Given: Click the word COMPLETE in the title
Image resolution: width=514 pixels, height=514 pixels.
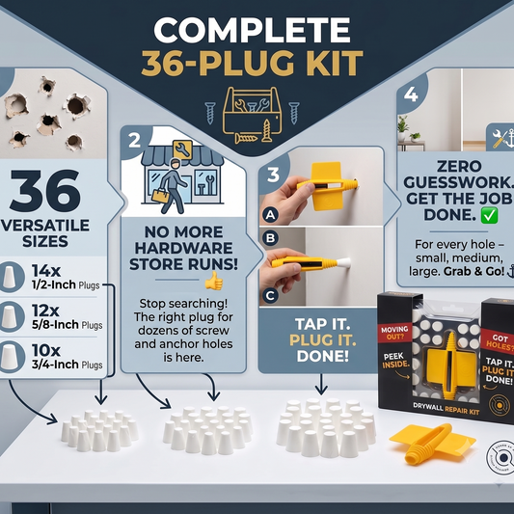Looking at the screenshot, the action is click(252, 30).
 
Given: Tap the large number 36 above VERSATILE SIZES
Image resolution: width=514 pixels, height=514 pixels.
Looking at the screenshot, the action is click(45, 191).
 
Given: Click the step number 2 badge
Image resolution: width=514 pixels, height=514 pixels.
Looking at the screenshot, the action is click(134, 141).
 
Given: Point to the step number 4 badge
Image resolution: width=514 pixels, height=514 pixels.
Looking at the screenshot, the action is click(411, 95).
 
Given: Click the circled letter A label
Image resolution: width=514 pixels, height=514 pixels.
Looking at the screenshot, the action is click(270, 215).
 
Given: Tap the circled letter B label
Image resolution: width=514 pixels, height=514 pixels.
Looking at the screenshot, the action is click(270, 237).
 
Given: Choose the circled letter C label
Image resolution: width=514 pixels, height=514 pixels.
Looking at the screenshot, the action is click(270, 296).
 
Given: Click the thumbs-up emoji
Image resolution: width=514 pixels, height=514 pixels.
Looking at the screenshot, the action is click(214, 281).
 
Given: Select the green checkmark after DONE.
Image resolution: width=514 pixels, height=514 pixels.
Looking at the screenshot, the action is click(489, 215).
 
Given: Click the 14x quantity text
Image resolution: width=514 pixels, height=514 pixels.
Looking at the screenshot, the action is click(46, 271).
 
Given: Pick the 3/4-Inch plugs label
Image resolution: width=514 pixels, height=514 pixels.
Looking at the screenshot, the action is click(68, 365).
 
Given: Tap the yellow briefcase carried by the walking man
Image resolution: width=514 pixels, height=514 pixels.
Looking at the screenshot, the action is click(161, 196).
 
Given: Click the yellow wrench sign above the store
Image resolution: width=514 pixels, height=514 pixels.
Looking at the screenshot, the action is click(182, 149).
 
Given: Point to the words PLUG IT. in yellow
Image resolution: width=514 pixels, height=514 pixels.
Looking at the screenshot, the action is click(322, 340).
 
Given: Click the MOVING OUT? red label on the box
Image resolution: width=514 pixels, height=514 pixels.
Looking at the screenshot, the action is click(394, 333).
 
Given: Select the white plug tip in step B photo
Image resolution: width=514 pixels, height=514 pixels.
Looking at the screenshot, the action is click(343, 262).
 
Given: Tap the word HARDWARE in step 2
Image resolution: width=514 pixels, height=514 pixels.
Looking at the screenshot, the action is click(184, 248).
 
